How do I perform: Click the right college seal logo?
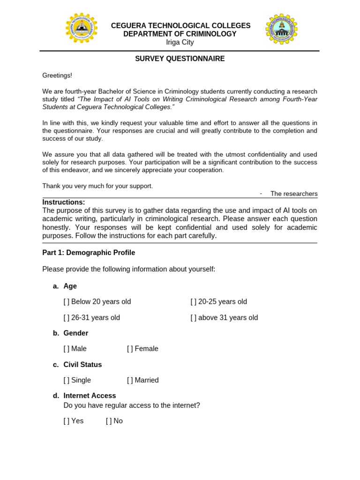click(x=282, y=29)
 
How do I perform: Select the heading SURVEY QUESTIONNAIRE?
click(x=180, y=59)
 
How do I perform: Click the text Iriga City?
click(x=180, y=43)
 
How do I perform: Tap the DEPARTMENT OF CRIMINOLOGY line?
click(x=180, y=34)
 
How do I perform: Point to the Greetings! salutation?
click(x=57, y=75)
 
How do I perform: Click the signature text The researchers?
click(x=294, y=194)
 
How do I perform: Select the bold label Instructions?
click(x=64, y=202)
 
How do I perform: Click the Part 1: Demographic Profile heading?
click(x=89, y=253)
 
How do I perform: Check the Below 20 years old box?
click(x=66, y=302)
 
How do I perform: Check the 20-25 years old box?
click(x=193, y=302)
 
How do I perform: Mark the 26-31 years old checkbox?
click(x=66, y=318)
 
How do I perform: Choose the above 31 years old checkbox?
click(x=193, y=318)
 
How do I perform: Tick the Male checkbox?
click(x=66, y=349)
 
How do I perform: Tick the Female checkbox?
click(x=129, y=349)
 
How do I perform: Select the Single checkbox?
click(x=66, y=380)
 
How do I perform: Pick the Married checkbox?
click(x=129, y=380)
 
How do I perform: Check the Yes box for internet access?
click(x=66, y=421)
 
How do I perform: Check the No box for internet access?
click(x=108, y=421)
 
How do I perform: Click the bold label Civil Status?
click(x=82, y=365)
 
